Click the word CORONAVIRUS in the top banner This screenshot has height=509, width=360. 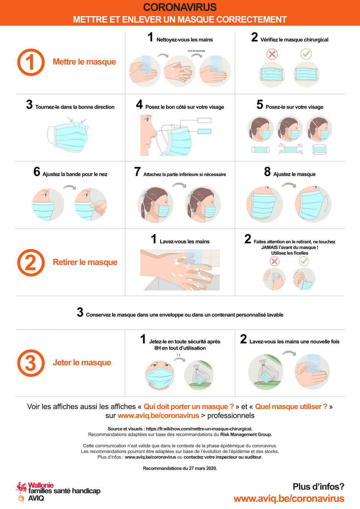[180, 7]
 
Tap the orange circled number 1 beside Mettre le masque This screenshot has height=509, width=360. [31, 62]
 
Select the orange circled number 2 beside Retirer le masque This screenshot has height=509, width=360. [31, 263]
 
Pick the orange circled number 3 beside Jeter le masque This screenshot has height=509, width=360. [31, 363]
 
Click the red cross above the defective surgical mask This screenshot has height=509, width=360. [272, 54]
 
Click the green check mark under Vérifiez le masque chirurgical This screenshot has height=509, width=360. [306, 54]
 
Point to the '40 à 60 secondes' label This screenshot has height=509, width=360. [196, 51]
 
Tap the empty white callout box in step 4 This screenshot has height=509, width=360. [204, 120]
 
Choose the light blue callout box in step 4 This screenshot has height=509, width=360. [204, 131]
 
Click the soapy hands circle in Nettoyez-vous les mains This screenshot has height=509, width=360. [180, 71]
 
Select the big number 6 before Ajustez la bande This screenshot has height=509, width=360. [37, 172]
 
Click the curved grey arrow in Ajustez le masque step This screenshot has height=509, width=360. [289, 185]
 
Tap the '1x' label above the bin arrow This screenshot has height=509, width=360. [178, 355]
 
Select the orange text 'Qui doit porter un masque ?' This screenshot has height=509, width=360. [189, 406]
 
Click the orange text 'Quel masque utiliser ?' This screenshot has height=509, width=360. [291, 406]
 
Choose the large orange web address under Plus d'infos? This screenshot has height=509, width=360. [289, 499]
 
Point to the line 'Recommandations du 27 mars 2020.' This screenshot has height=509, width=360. [180, 468]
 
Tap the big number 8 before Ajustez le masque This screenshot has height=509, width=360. [267, 172]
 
